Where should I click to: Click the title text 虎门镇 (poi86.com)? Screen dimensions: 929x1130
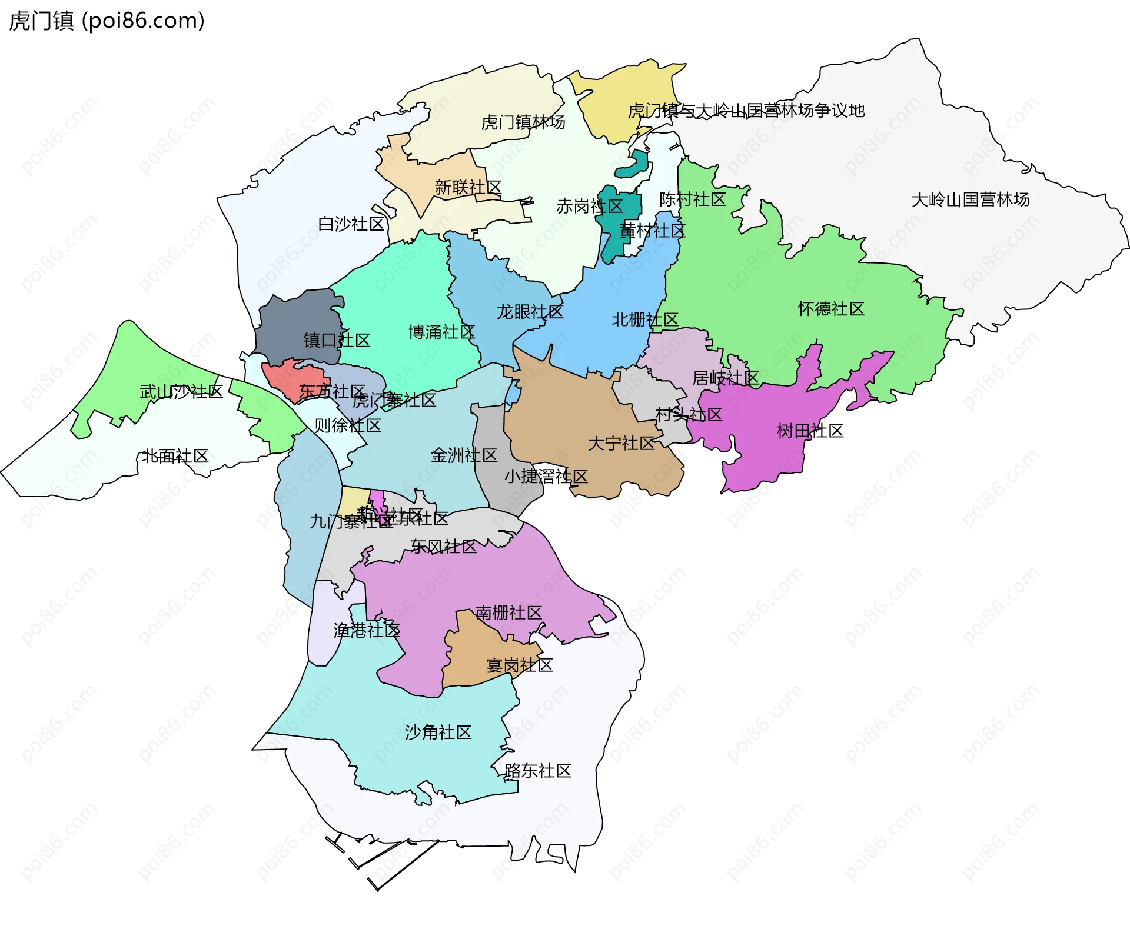107,21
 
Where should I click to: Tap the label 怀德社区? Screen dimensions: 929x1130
831,309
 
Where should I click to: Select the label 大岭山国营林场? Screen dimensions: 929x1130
971,200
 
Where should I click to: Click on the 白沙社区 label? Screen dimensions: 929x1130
351,224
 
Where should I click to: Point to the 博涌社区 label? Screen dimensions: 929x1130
441,332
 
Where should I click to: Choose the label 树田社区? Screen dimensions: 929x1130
810,431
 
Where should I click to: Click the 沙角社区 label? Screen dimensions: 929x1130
438,732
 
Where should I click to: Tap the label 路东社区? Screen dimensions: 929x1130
537,771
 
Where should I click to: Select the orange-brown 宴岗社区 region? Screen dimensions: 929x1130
471,659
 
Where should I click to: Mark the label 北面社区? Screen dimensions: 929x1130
175,457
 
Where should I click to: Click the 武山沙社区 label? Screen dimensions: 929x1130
181,392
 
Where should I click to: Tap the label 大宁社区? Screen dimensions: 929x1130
621,444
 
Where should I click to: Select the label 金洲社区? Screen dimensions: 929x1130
464,455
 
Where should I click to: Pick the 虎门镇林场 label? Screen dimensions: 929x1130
523,122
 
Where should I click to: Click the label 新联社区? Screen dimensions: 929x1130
468,188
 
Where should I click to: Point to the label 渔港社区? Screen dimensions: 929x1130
367,631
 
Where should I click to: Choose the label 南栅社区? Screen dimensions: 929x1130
508,613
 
